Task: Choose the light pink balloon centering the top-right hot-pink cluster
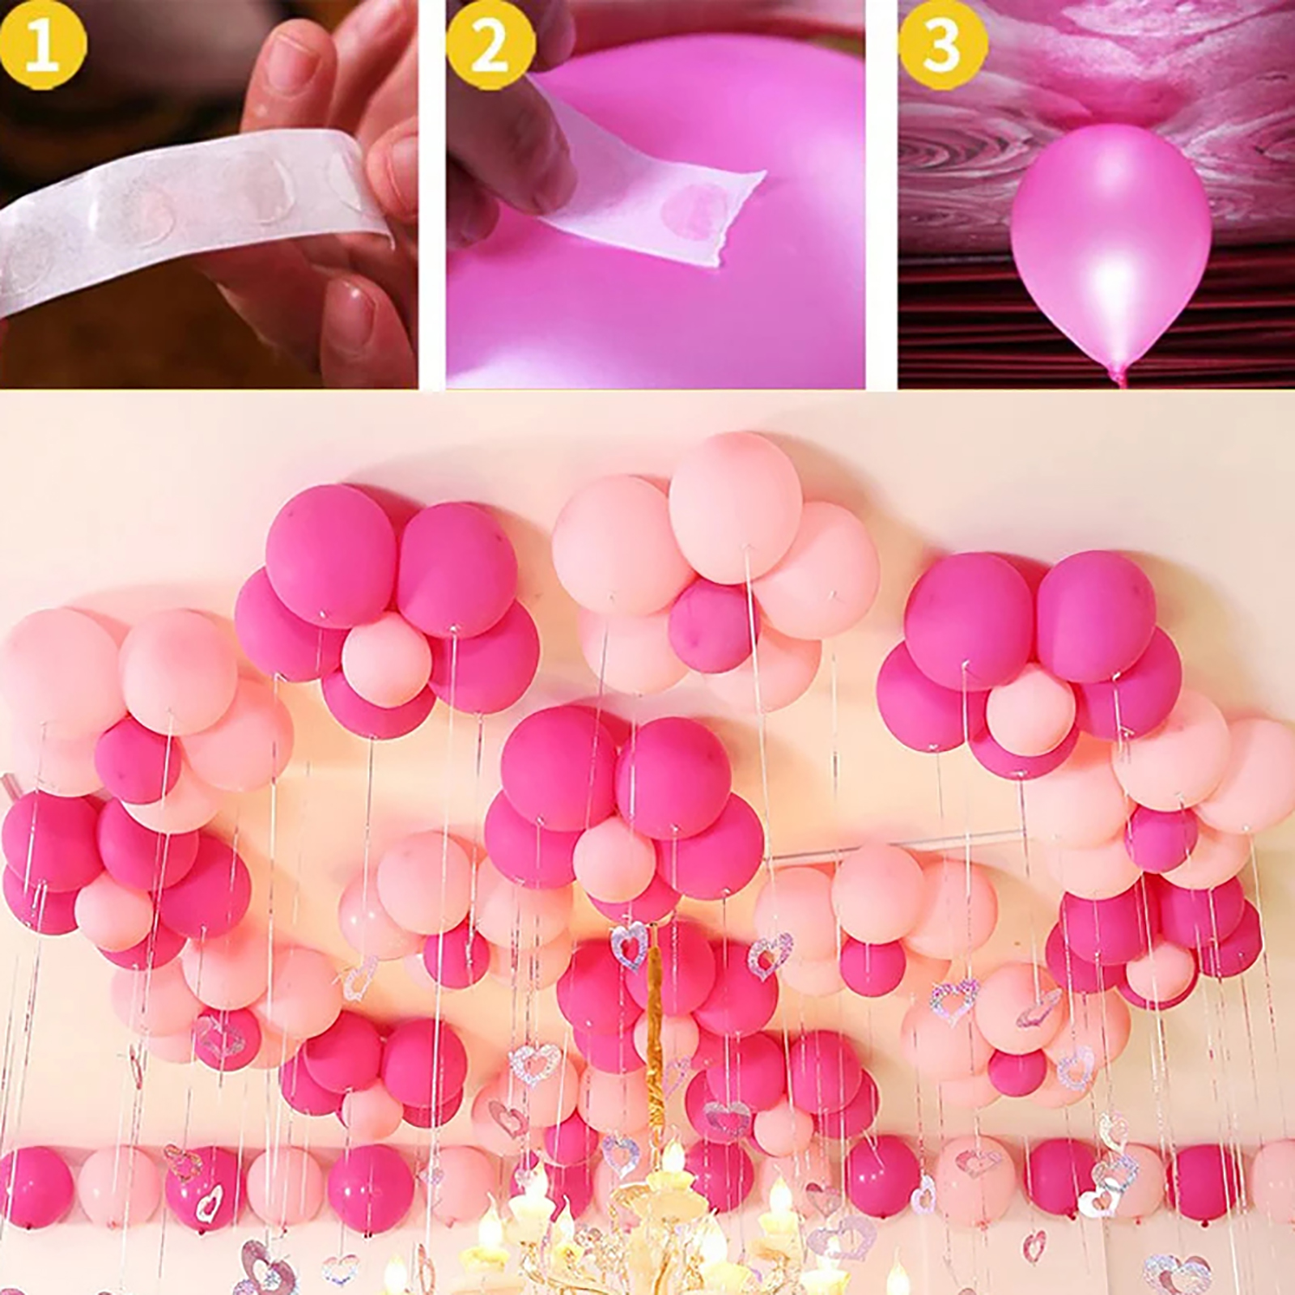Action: (x=1030, y=708)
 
